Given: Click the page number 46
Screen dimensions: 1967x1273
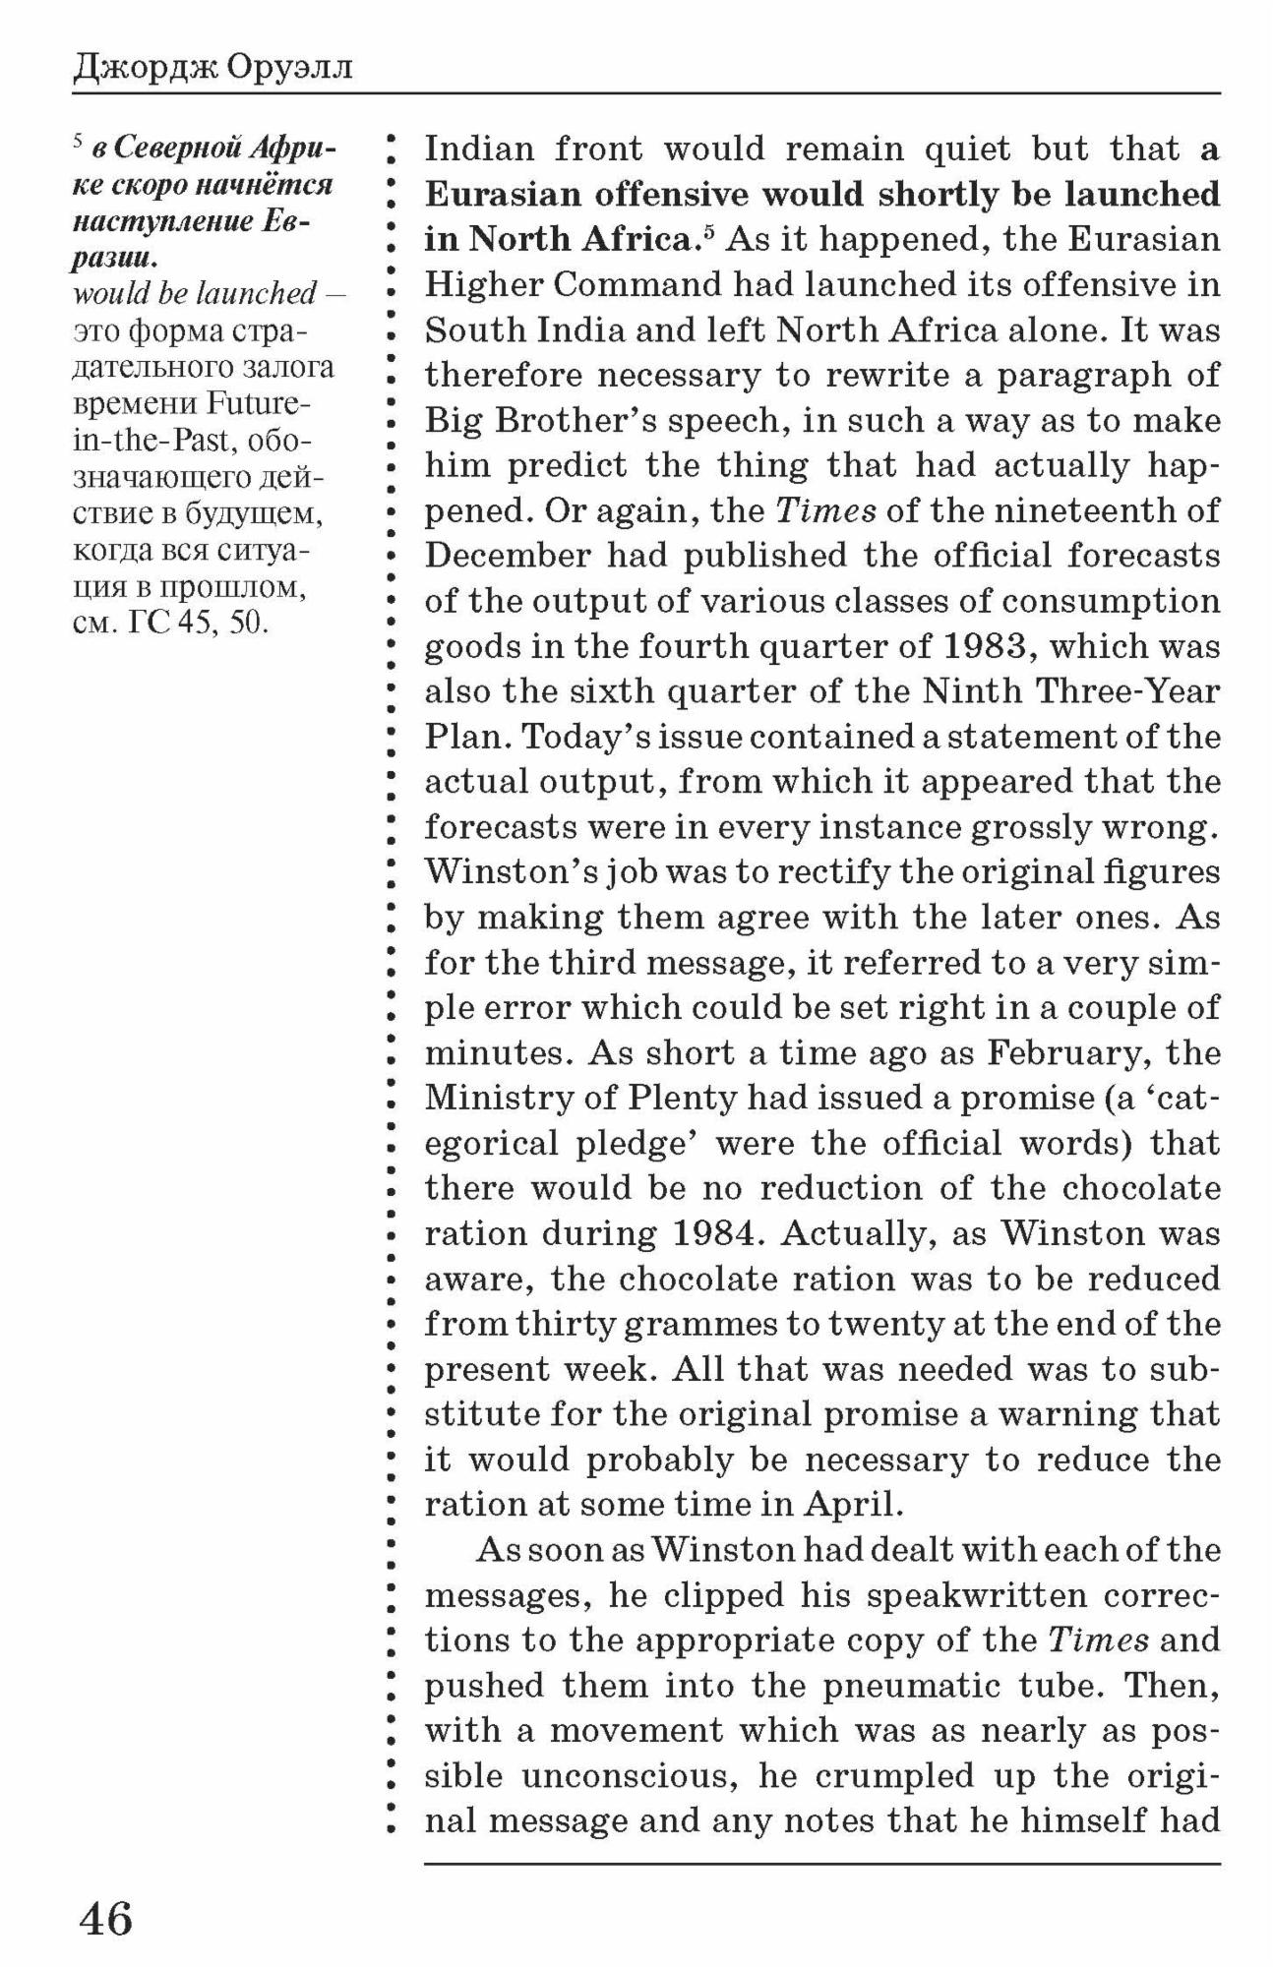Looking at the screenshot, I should (105, 1919).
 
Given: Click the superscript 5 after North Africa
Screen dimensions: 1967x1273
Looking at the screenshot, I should (707, 231).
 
